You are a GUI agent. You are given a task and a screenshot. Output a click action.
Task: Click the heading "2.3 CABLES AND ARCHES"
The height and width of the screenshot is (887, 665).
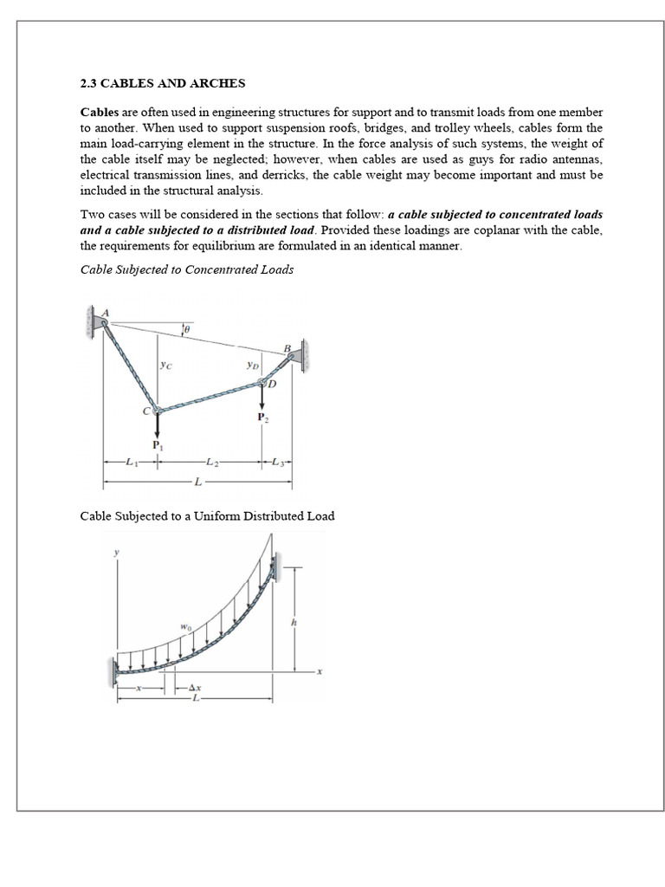[163, 84]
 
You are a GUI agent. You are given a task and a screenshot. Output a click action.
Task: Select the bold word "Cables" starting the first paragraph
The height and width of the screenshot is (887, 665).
[99, 113]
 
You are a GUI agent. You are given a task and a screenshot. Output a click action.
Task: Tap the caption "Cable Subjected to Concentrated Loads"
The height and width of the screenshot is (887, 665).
[186, 269]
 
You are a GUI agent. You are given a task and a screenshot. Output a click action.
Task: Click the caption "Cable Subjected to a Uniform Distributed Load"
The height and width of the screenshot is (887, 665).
[207, 516]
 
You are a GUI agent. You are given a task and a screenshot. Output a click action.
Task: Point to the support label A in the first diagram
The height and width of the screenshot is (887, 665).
[107, 313]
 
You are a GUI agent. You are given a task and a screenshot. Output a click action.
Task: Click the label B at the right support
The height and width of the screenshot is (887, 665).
[287, 348]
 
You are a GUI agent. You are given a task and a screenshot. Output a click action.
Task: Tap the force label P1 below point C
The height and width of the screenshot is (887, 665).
[157, 445]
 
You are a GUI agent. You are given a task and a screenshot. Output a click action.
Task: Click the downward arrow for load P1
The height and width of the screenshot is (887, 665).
[157, 427]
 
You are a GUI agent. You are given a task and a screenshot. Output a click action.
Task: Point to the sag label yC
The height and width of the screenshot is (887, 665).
[165, 366]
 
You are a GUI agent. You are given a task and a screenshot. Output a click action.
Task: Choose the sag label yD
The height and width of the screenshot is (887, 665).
[252, 366]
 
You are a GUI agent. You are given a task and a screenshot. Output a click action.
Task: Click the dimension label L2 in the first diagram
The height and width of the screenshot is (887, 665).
[211, 462]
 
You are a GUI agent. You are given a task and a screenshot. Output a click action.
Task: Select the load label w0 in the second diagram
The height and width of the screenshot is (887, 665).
[184, 625]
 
